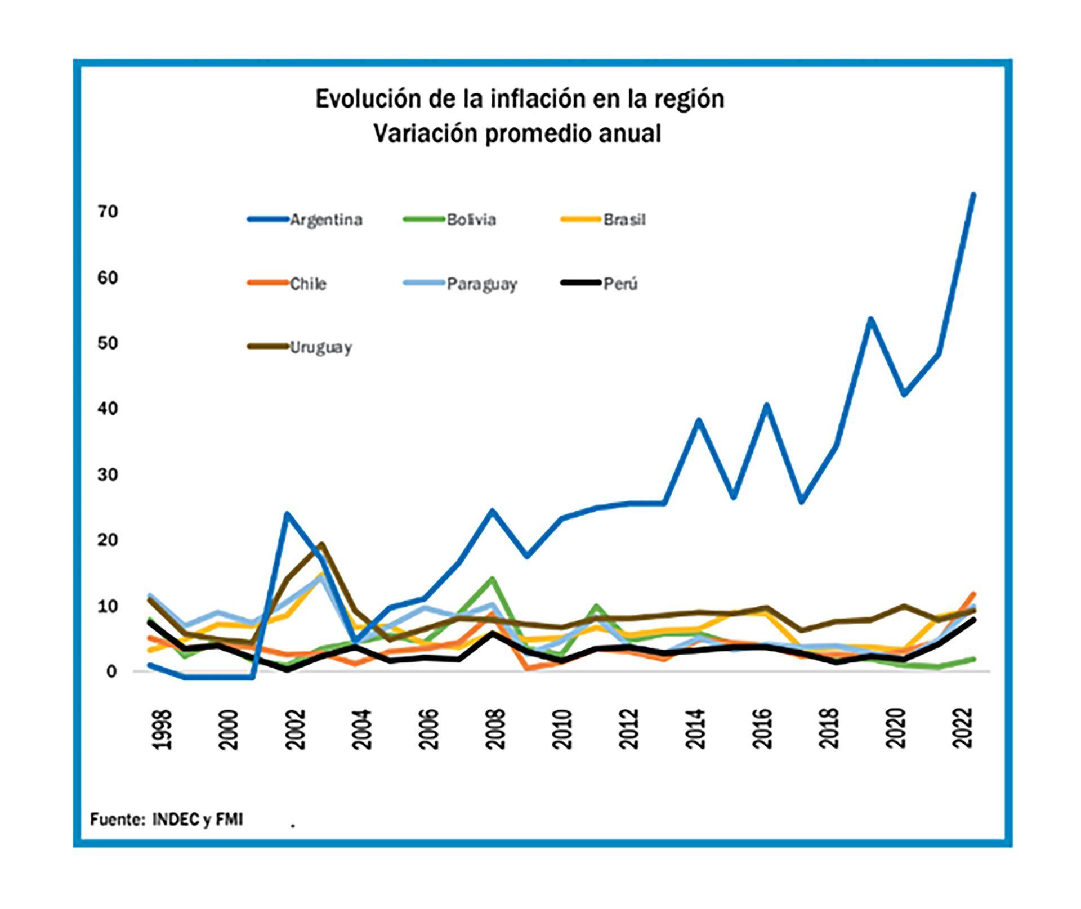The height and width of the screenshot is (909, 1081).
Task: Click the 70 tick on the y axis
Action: pyautogui.click(x=108, y=212)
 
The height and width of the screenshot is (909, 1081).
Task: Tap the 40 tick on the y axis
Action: pyautogui.click(x=108, y=409)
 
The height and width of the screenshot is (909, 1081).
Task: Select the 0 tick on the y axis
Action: pyautogui.click(x=110, y=671)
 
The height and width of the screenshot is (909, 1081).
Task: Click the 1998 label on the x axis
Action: pyautogui.click(x=162, y=729)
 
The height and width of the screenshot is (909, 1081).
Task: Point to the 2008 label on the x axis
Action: pyautogui.click(x=496, y=729)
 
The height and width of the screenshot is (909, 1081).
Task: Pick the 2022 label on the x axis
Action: pyautogui.click(x=963, y=729)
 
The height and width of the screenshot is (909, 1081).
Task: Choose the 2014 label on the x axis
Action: pyautogui.click(x=696, y=729)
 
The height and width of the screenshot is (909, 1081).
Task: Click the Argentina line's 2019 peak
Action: pyautogui.click(x=870, y=319)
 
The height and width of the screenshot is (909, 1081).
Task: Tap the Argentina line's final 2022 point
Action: pyautogui.click(x=973, y=195)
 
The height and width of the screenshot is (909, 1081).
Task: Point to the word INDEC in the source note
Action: pyautogui.click(x=176, y=820)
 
